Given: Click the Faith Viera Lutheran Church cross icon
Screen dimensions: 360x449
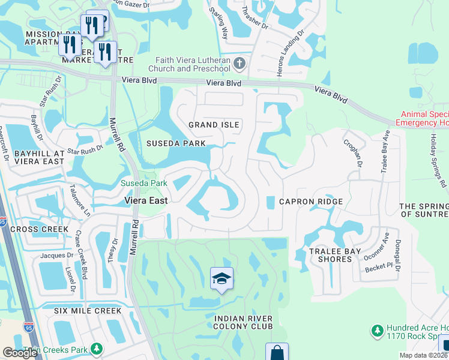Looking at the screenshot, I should click(x=239, y=63).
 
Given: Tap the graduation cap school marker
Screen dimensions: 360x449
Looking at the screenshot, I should click(x=221, y=278).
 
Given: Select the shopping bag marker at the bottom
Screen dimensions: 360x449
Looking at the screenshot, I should click(x=277, y=352).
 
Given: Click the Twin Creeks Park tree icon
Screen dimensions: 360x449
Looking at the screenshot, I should click(x=95, y=349).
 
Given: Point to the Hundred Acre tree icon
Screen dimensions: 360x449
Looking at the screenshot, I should click(x=377, y=331).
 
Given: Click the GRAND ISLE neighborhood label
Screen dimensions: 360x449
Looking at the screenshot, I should click(x=214, y=125).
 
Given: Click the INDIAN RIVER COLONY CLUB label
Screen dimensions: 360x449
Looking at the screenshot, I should click(x=244, y=322).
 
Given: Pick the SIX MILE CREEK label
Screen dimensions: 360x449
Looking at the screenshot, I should click(x=88, y=311).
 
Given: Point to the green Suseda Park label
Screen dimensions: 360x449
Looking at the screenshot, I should click(x=144, y=183).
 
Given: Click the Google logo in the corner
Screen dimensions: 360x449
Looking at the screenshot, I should click(x=20, y=353).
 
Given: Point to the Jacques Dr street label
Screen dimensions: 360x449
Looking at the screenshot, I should click(x=56, y=256).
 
